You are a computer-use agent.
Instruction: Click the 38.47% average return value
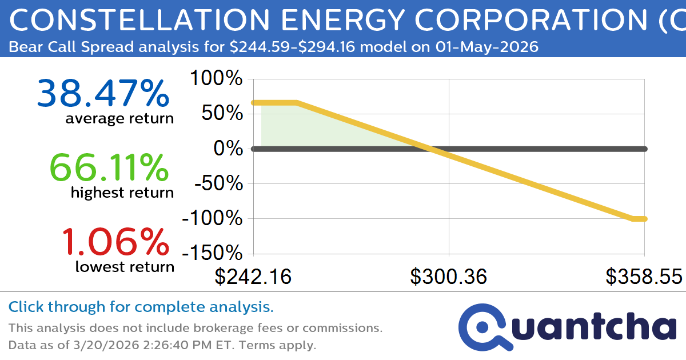pos(103,94)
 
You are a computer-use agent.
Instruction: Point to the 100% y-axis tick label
pos(216,78)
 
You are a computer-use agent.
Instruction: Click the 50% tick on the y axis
pos(222,114)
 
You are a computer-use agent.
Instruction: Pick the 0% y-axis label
pos(229,149)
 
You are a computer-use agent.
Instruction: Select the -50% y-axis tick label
pos(217,184)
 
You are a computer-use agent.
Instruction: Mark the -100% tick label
pos(212,219)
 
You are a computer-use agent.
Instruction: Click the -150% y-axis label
pos(212,254)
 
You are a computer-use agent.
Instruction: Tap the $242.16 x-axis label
pos(253,277)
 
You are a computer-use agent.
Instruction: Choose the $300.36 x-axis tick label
pos(449,277)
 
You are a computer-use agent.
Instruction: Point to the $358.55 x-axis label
pos(644,277)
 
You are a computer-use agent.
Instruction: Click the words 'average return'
pos(119,119)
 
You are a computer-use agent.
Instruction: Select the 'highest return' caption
pos(122,193)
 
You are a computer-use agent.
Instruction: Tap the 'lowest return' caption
pos(125,266)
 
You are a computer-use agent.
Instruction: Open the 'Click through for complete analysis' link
pos(141,307)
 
